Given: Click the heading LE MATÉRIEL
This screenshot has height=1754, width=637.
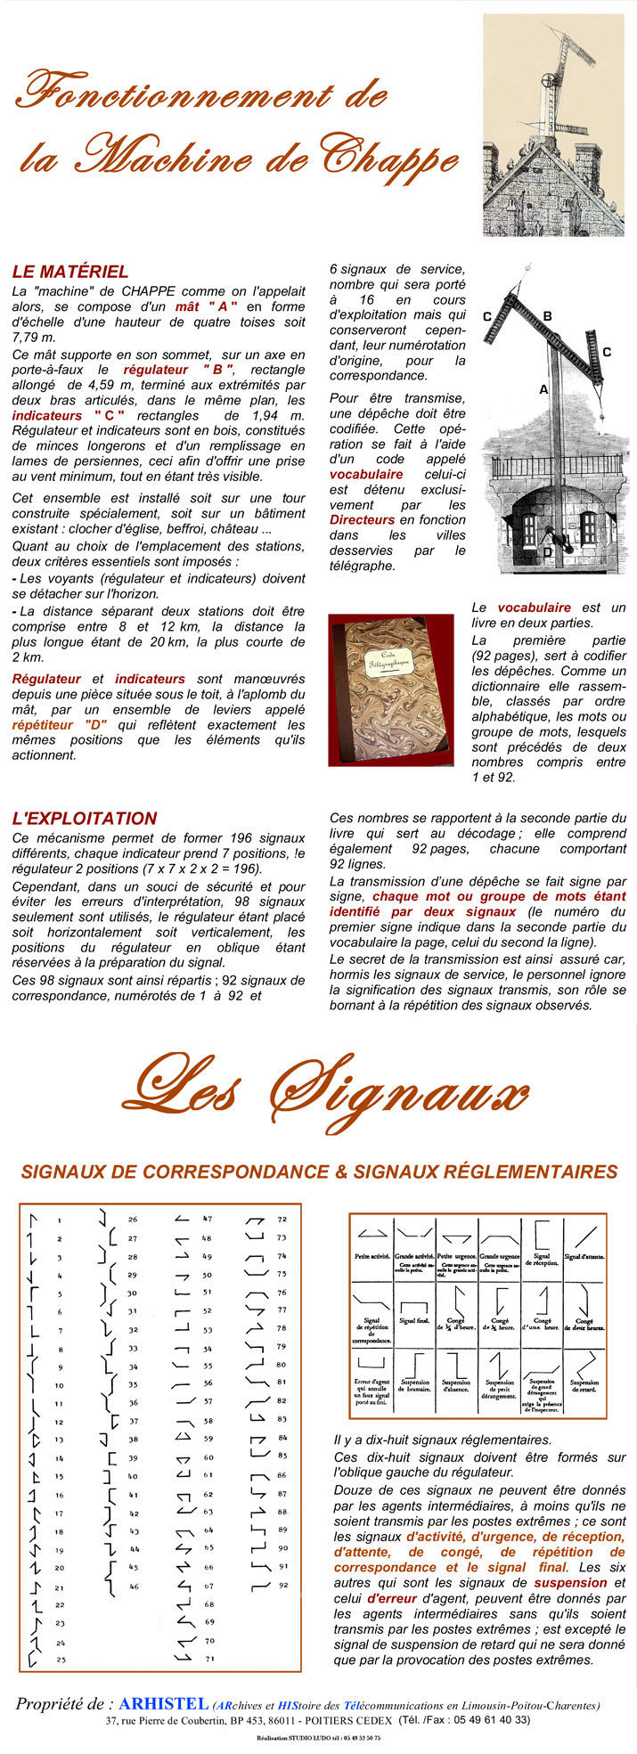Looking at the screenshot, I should point(70,272).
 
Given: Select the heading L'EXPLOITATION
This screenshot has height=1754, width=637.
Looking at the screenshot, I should point(85,818).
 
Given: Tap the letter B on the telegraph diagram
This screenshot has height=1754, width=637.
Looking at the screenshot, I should point(547,316).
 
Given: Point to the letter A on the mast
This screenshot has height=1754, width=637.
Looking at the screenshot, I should point(543,389).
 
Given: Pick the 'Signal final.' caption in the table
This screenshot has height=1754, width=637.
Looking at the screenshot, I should point(416,1319).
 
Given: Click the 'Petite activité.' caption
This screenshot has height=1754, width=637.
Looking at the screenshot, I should point(372,1256).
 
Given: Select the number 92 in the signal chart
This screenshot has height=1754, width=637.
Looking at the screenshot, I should point(283,1586).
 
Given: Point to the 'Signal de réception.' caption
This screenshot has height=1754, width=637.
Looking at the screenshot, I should point(543,1260).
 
